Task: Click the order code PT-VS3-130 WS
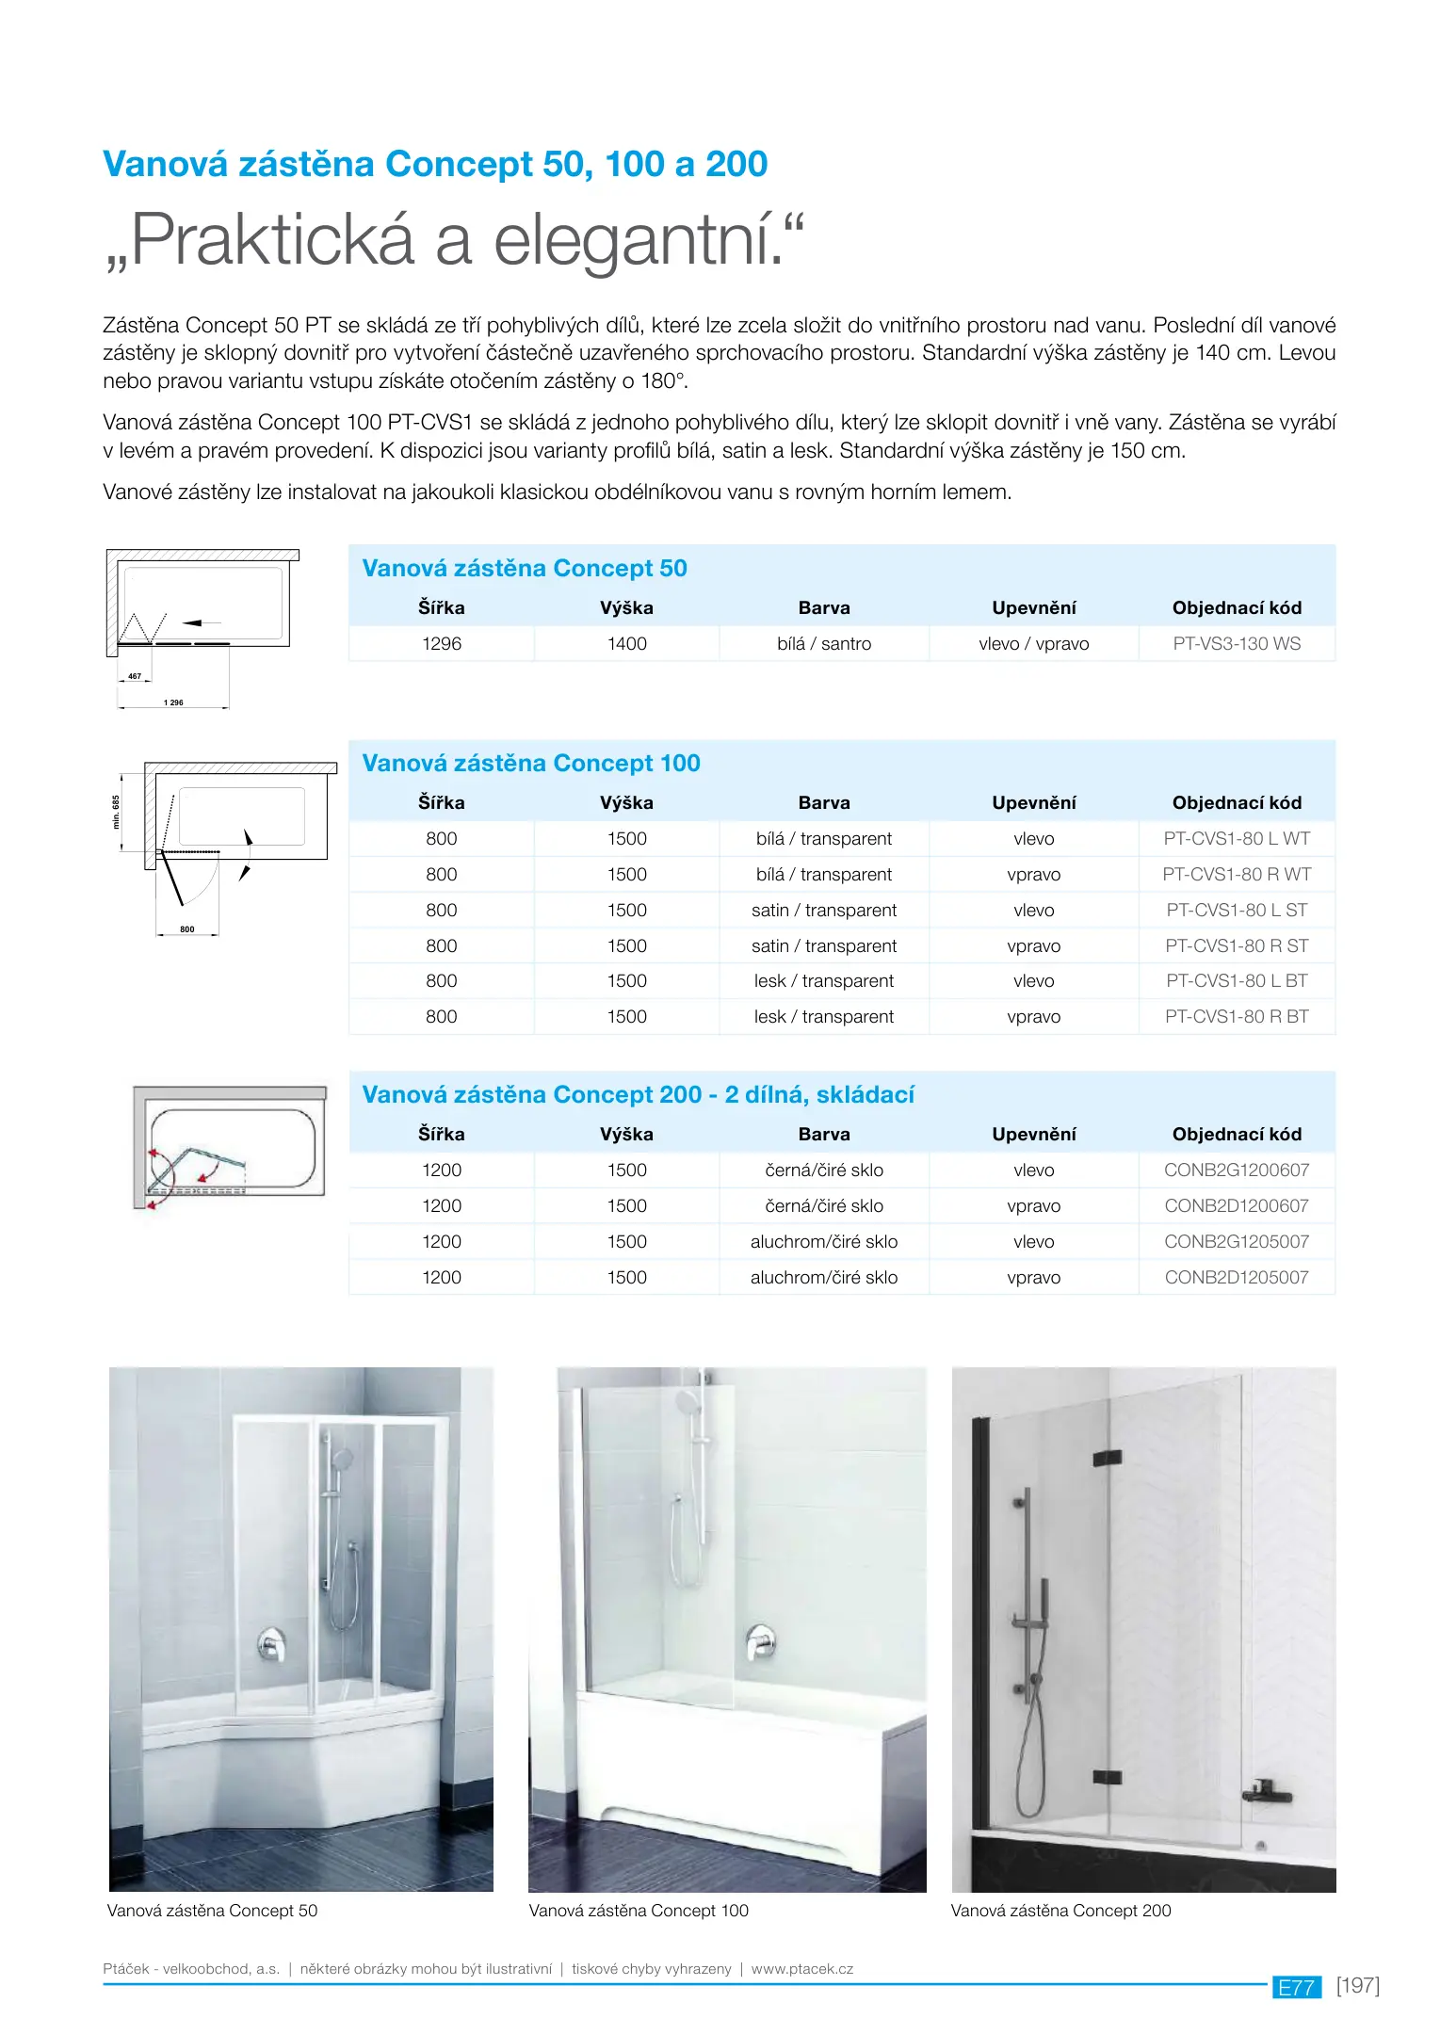click(x=1236, y=644)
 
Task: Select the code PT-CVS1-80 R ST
click(x=1236, y=945)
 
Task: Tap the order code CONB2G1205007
click(x=1236, y=1241)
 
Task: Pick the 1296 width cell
click(x=442, y=644)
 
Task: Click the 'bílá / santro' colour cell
click(x=824, y=644)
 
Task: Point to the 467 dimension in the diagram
click(x=135, y=676)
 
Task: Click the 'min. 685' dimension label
click(x=117, y=812)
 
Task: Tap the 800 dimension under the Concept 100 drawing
click(x=187, y=929)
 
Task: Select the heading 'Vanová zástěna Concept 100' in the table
click(x=531, y=763)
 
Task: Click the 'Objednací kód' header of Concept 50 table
click(x=1236, y=608)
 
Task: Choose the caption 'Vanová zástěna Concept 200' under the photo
click(x=1060, y=1911)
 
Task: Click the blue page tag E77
click(x=1296, y=1987)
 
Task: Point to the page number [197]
click(x=1357, y=1985)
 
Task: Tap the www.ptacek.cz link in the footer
click(x=802, y=1969)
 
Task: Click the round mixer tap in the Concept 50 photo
click(x=272, y=1644)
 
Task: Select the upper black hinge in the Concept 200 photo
click(x=1107, y=1458)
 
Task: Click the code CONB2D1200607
click(x=1236, y=1205)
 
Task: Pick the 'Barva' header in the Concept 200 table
click(x=824, y=1135)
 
